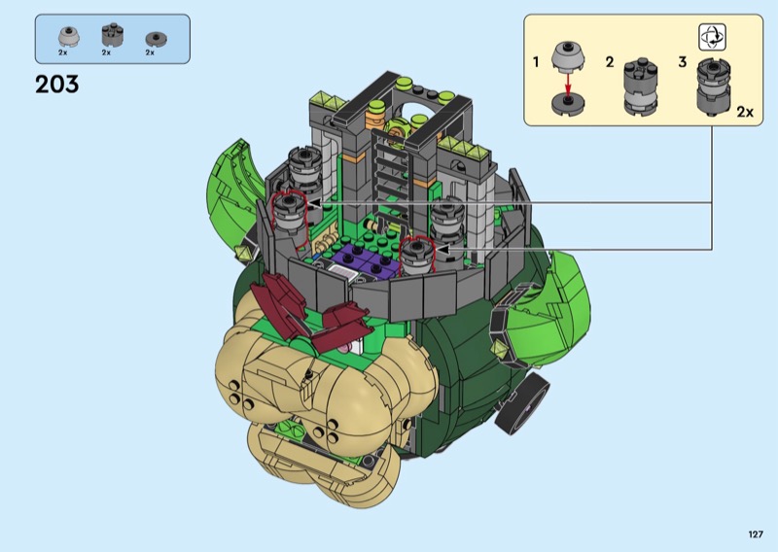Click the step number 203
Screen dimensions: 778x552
point(57,85)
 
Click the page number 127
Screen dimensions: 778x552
point(756,535)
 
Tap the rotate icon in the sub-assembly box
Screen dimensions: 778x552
point(712,37)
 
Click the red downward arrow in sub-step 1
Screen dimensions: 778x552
point(568,82)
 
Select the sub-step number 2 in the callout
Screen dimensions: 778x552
point(610,62)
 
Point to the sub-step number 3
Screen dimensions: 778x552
point(683,62)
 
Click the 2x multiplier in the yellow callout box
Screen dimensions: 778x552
point(745,112)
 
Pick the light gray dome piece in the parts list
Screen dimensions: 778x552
point(66,36)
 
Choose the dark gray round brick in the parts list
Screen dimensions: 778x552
point(112,35)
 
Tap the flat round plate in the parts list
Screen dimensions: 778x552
point(156,39)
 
